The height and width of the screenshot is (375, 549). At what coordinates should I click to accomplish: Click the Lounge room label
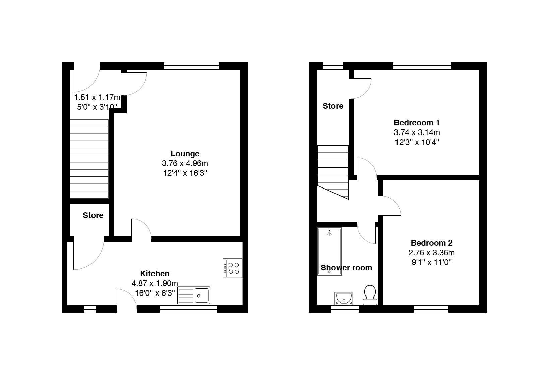point(185,154)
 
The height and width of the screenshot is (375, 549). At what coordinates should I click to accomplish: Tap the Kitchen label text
point(155,273)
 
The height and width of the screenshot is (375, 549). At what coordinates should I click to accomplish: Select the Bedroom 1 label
point(417,123)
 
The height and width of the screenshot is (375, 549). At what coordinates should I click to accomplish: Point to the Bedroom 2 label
point(432,243)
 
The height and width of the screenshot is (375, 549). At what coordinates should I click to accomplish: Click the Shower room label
point(346,268)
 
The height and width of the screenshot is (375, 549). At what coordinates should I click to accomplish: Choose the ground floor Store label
point(93,215)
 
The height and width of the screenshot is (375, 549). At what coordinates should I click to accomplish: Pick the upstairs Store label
point(333,106)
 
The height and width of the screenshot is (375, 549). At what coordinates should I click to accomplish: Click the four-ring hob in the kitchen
point(232,268)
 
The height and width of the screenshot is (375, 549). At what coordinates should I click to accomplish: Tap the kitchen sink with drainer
point(194,296)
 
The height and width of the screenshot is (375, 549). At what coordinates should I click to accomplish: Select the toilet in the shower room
point(370,295)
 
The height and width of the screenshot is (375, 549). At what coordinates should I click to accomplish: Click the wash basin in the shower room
point(344,299)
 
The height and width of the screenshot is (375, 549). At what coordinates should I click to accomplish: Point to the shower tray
point(329,252)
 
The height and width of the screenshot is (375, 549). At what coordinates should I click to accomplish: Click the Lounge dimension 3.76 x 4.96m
point(185,163)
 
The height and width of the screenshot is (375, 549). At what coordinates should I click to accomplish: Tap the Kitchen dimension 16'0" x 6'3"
point(155,293)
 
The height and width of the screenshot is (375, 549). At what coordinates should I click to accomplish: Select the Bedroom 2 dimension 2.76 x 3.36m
point(432,253)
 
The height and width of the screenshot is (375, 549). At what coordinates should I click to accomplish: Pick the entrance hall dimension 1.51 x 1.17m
point(97,97)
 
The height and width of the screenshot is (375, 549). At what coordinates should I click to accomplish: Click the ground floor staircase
point(89,159)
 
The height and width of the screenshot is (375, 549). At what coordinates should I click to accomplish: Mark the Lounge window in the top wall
point(191,66)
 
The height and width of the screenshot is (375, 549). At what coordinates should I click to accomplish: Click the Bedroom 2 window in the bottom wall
point(431,309)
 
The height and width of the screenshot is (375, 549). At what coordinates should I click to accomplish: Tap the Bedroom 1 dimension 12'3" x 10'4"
point(417,142)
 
